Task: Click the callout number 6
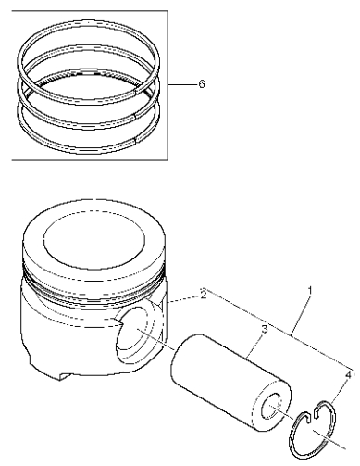pos(202,84)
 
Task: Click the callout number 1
pos(310,291)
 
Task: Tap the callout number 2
pos(204,295)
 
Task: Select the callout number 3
pos(264,329)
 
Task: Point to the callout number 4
pos(348,375)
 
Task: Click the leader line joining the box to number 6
pos(182,84)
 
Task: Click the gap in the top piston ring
pos(136,92)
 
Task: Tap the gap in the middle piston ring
pos(135,117)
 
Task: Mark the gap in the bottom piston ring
pos(135,141)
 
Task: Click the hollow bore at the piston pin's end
pos(272,407)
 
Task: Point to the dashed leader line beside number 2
pos(183,299)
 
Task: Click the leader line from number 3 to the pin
pos(254,346)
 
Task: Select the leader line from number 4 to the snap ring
pos(339,392)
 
